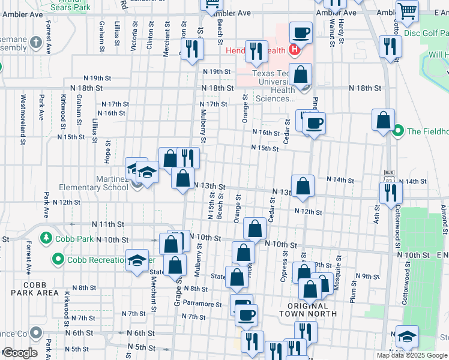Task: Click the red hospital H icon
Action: (x=294, y=50)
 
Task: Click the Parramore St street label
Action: (x=202, y=304)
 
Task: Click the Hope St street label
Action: (x=107, y=152)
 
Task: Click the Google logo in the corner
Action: (x=20, y=353)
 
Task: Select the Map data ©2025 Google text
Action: (x=412, y=355)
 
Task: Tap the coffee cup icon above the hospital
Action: (x=301, y=32)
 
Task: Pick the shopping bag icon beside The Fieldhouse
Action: (x=383, y=120)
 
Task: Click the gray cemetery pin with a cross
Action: (x=36, y=43)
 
